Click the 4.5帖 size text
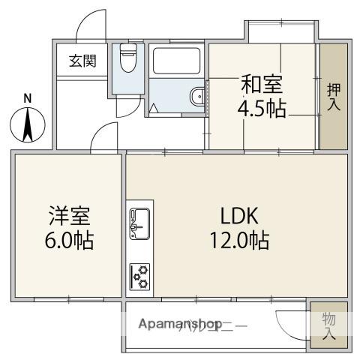point(262,109)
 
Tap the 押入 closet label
point(334,96)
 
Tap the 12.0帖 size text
point(239,241)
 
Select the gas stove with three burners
point(140,275)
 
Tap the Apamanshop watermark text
point(176,325)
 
